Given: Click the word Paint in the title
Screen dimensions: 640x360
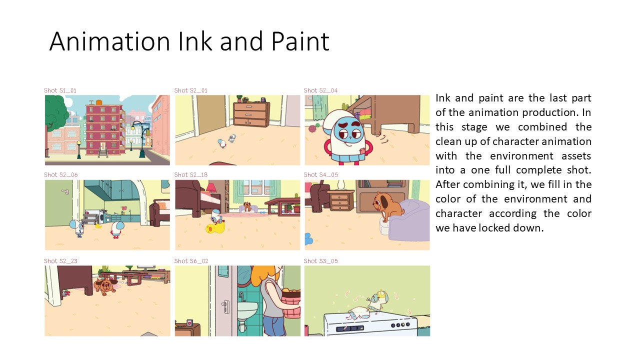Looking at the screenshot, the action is click(300, 41).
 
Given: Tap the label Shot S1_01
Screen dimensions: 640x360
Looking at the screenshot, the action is click(60, 90).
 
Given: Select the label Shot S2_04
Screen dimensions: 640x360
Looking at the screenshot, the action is click(320, 90).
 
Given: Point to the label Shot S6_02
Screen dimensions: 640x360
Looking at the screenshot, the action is click(191, 261).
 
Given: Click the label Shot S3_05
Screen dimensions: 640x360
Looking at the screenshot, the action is click(320, 261).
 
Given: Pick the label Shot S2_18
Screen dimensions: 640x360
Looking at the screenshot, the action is click(191, 174).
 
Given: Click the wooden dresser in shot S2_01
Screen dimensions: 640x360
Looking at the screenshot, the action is click(251, 114).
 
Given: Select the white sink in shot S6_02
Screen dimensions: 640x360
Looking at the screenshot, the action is click(247, 310).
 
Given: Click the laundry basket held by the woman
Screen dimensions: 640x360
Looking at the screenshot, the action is click(291, 303).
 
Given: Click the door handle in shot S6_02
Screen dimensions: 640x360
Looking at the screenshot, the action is click(225, 307).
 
